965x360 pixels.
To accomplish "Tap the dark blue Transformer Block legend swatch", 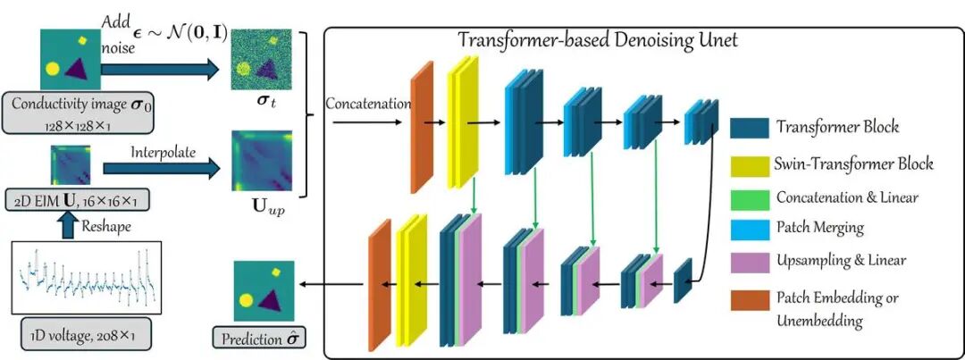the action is coord(749,128).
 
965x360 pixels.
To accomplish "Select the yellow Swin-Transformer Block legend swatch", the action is coord(749,163).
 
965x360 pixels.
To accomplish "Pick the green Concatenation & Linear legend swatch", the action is coord(749,197).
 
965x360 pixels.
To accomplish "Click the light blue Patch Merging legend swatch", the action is coord(749,228).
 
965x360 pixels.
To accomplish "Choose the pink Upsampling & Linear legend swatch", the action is coord(749,261).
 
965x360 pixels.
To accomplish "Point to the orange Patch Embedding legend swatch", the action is coord(749,299).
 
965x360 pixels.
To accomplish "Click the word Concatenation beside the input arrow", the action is coord(368,104).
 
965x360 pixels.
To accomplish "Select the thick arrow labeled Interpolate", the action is coord(162,167).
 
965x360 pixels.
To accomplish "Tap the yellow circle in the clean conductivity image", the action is coord(53,68).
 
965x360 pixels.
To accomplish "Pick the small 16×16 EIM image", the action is coord(71,165).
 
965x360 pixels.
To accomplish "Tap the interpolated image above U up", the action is coord(261,161).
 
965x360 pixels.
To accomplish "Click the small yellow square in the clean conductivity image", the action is coord(83,40).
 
